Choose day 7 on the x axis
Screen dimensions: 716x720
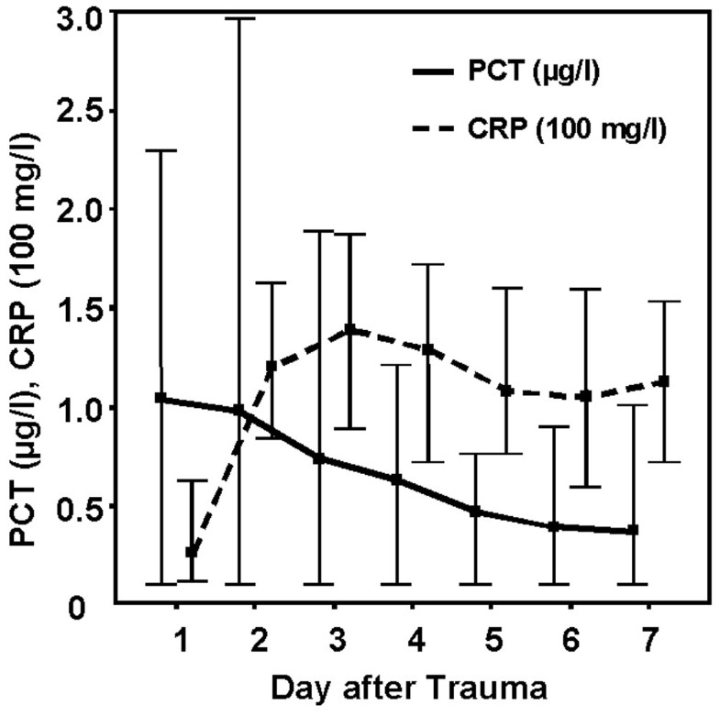point(649,635)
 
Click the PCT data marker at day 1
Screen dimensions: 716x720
point(161,398)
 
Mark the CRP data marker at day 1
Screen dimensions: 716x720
point(192,553)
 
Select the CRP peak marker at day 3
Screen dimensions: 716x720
point(349,329)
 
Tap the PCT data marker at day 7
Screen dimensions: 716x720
point(634,531)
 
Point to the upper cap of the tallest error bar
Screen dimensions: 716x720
point(240,18)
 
